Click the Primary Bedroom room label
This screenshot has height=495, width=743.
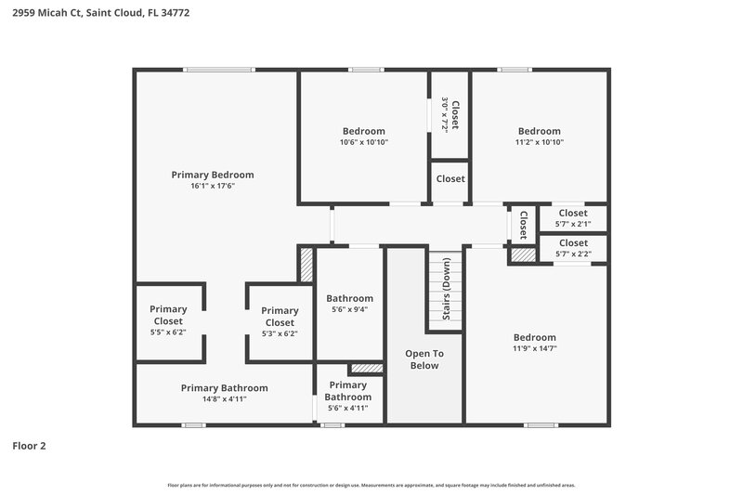(213, 175)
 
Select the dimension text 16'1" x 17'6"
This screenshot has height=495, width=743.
(213, 187)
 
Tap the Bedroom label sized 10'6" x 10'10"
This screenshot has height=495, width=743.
(363, 131)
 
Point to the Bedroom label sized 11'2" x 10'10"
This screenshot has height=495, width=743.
(539, 131)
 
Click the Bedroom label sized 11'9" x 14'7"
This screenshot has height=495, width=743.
(535, 337)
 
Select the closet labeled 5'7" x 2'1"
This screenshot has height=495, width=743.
(573, 218)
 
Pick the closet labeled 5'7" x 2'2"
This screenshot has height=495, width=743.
(573, 248)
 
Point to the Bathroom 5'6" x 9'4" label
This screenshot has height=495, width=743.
(349, 304)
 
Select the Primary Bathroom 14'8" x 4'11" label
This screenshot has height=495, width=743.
(224, 393)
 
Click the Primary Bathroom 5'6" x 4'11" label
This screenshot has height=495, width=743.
(347, 396)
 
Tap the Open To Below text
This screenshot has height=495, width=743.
(424, 359)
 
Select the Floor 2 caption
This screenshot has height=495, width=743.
(29, 446)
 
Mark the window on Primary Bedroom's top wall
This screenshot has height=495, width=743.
(218, 70)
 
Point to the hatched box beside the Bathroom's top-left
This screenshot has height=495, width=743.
(306, 264)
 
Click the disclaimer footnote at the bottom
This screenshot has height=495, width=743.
(371, 485)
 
